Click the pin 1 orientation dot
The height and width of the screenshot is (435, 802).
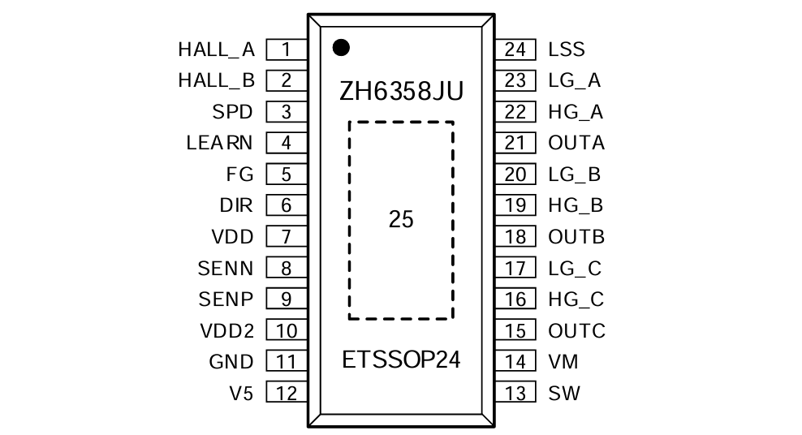[341, 48]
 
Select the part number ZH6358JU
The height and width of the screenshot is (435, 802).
[402, 92]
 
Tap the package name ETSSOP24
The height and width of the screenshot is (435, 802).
[401, 360]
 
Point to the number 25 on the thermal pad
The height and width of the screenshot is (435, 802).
[401, 219]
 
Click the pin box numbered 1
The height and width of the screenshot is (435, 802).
[287, 50]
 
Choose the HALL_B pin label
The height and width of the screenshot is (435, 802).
[217, 81]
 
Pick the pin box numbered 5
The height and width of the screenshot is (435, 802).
[287, 174]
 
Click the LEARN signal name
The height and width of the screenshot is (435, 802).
[219, 143]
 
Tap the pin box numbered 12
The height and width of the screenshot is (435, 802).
[287, 393]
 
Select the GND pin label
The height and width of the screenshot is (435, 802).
[231, 362]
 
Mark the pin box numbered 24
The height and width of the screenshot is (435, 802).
[515, 50]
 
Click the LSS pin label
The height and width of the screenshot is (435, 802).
[567, 50]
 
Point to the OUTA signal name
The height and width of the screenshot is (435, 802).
[576, 143]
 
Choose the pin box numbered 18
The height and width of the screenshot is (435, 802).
[515, 237]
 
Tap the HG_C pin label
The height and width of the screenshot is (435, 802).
[576, 299]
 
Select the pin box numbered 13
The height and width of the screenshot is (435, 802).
[515, 393]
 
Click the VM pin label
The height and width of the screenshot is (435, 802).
[563, 362]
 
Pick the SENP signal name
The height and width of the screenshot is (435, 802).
[226, 299]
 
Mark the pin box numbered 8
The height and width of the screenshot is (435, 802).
[287, 269]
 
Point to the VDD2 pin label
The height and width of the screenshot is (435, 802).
[227, 331]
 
